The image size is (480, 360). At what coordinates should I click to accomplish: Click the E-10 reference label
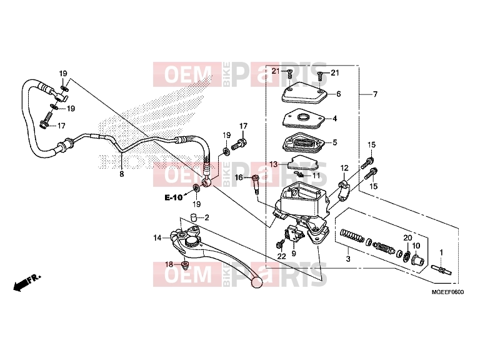tap(174, 197)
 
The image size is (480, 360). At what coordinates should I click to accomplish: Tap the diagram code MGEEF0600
tap(447, 292)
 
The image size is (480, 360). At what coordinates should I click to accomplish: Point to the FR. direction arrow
tap(27, 282)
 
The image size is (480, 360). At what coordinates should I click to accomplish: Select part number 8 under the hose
tap(122, 174)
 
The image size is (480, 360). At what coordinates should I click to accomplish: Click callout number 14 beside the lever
tap(157, 238)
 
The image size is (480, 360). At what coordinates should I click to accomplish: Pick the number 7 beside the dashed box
tap(375, 94)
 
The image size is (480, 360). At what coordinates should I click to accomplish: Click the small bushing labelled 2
tap(193, 217)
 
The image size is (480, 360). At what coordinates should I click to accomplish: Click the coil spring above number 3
tap(352, 236)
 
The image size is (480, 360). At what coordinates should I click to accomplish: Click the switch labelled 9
tap(294, 234)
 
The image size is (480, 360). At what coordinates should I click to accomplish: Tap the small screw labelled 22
tap(280, 244)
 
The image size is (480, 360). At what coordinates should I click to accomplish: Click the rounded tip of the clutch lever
tap(256, 282)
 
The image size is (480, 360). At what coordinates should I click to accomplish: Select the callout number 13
tap(273, 164)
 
